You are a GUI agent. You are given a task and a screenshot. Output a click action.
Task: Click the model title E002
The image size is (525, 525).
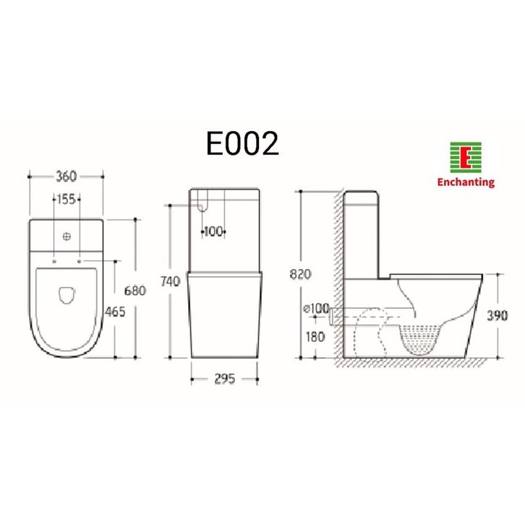pos(242,143)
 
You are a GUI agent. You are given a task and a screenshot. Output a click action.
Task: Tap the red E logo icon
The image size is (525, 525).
pos(466,158)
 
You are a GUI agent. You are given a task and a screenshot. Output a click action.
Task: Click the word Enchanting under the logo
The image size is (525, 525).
pos(466,182)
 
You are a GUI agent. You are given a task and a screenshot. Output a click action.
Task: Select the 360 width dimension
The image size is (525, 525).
pos(66,176)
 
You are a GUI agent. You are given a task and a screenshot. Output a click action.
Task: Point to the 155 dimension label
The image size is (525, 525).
pos(67,199)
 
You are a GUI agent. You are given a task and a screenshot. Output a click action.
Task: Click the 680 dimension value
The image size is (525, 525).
pos(135,291)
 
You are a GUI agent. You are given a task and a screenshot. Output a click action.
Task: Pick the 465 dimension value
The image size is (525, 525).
pos(115,312)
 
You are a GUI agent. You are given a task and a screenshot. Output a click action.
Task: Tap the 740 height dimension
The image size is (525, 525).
pos(170,281)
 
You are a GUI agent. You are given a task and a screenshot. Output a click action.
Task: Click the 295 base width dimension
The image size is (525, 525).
pos(224,379)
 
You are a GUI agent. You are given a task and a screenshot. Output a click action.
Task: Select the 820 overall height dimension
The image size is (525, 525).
pos(300,274)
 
